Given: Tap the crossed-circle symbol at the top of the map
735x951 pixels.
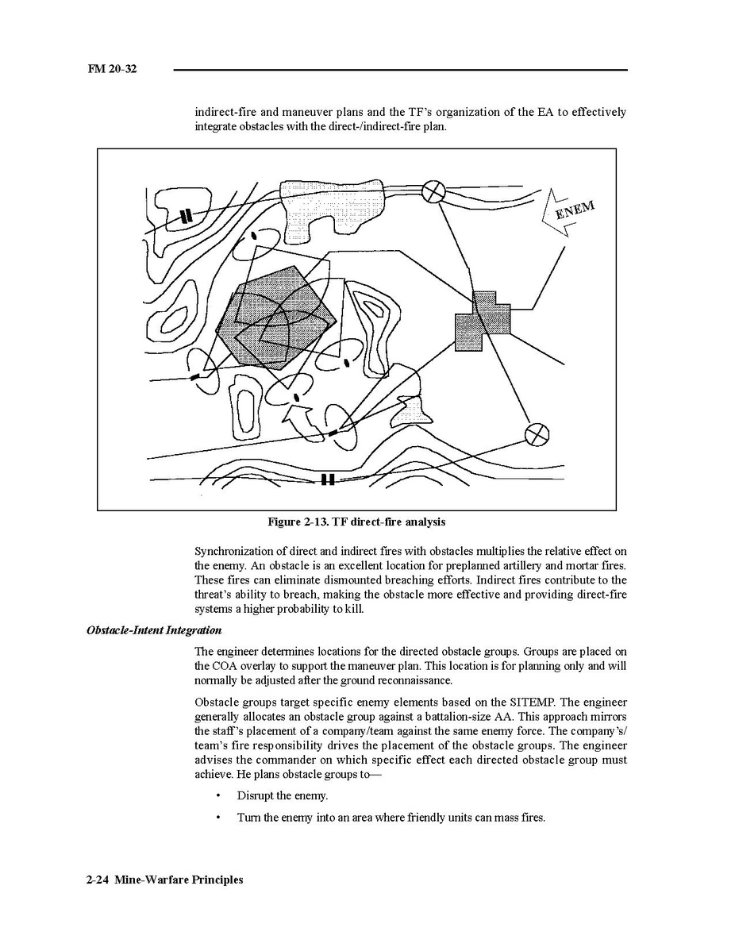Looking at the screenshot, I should coord(433,191).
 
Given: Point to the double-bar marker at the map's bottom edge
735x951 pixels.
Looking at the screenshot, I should coord(327,479).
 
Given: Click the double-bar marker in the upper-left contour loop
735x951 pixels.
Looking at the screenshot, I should coord(186,215).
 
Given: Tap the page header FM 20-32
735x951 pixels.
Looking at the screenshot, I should coord(113,70).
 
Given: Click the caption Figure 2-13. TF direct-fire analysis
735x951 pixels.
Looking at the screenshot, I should coord(356,522).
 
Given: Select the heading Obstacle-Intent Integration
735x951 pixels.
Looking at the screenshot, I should coord(154,631).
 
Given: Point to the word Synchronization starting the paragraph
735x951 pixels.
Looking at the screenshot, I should coord(236,551).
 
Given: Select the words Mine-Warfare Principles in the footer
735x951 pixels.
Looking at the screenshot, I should coord(179,880).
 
